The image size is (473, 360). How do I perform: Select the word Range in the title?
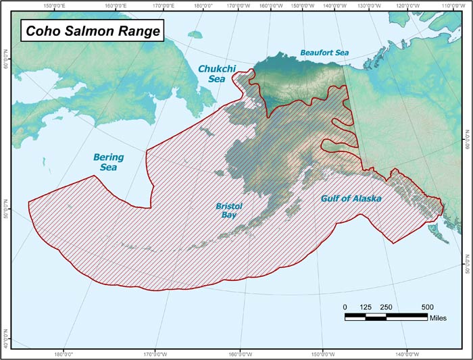tap(138, 30)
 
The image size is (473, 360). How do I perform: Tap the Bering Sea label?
tap(108, 161)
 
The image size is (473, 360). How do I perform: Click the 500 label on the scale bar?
tap(428, 307)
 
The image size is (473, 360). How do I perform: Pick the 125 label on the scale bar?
tap(366, 307)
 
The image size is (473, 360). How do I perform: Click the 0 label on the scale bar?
tap(345, 307)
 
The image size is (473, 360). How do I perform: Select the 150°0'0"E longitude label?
tap(57, 6)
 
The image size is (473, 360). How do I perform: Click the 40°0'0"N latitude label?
tap(6, 338)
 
